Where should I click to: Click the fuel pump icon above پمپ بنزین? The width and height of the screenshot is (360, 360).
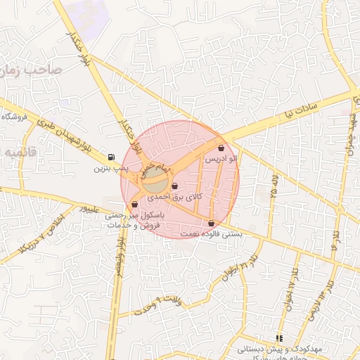[x=110, y=157]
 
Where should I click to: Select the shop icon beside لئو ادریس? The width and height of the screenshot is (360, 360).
[x=222, y=148]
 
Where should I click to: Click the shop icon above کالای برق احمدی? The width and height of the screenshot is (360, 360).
[x=174, y=186]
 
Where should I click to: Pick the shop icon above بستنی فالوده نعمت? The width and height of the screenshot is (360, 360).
[x=211, y=224]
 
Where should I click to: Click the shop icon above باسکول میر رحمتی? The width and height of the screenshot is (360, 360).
[x=134, y=204]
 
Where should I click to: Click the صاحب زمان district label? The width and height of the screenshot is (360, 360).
[x=32, y=70]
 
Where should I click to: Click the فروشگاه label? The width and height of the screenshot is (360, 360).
[x=18, y=117]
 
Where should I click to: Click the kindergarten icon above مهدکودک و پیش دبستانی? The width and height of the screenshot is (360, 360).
[x=279, y=337]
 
